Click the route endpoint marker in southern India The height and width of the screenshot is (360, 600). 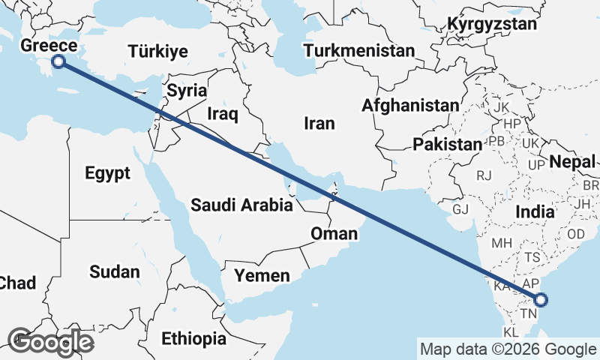541,301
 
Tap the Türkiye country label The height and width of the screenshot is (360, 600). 157,52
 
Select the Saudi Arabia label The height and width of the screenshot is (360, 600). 241,205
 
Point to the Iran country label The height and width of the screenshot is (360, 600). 319,123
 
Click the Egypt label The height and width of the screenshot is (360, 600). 107,173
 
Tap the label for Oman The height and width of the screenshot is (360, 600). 334,234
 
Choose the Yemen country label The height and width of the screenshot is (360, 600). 262,276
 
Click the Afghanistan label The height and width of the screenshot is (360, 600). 409,106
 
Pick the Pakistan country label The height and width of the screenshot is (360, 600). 447,144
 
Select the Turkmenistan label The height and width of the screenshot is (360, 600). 360,51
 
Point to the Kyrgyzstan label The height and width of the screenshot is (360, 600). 492,24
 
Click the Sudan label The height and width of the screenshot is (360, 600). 115,271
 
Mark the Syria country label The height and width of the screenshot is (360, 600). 187,91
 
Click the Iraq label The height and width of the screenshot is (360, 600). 223,114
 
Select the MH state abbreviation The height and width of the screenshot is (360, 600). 502,244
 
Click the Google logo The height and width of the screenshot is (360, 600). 50,342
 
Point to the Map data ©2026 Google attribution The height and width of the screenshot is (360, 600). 507,349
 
